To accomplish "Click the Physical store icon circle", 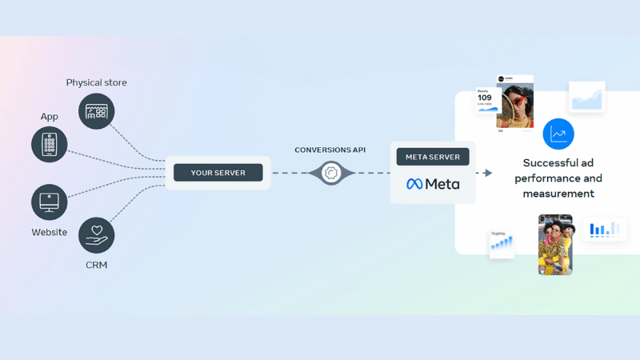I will [x=96, y=112].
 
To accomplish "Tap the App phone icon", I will [x=50, y=145].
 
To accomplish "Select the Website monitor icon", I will [x=50, y=202].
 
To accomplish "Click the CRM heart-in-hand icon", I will [x=96, y=235].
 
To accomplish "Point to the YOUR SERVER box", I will [x=218, y=173].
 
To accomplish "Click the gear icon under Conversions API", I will [x=331, y=173].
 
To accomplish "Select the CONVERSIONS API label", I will [x=331, y=150].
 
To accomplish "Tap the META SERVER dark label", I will [x=433, y=157].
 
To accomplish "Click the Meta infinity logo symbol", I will [x=414, y=184].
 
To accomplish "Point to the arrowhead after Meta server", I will [x=488, y=173].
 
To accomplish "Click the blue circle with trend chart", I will [x=558, y=134].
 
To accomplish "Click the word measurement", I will [x=558, y=194].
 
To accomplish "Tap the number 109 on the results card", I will [x=485, y=98].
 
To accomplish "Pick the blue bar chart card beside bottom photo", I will [x=605, y=230].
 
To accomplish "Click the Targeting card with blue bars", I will [x=502, y=245].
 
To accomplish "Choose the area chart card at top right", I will [x=587, y=98].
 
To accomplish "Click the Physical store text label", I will [x=96, y=82].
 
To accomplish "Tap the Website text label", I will [x=50, y=232].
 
